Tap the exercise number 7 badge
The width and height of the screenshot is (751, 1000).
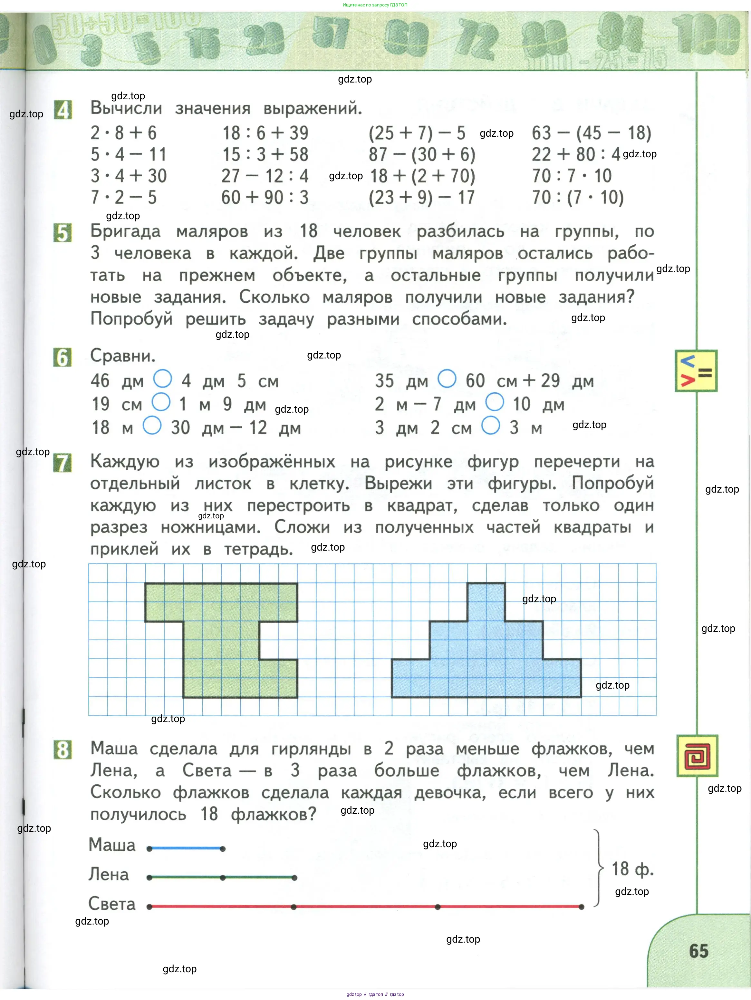pos(63,463)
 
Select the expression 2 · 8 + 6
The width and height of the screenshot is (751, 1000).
pos(123,133)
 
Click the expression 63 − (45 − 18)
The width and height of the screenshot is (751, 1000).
pos(591,133)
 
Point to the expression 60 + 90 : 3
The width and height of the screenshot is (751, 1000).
pos(265,198)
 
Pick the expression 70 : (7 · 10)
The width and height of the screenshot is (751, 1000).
pos(577,198)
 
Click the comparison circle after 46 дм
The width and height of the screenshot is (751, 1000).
pos(163,379)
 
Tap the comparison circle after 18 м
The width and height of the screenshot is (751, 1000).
pos(152,426)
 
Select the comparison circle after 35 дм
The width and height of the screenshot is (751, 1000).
pos(447,378)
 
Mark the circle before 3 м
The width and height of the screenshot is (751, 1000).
pos(491,426)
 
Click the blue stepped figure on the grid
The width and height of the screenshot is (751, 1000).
pos(486,660)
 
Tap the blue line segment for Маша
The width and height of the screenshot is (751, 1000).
pos(186,848)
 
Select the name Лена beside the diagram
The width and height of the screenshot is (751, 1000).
pos(109,874)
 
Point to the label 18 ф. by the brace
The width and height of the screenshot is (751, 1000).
pos(632,869)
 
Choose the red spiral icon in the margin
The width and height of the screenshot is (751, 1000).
pos(697,756)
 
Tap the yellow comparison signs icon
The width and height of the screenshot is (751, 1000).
pos(696,371)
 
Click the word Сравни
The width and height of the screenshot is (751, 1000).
pos(123,356)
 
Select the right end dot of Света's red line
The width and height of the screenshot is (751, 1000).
pos(582,907)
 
